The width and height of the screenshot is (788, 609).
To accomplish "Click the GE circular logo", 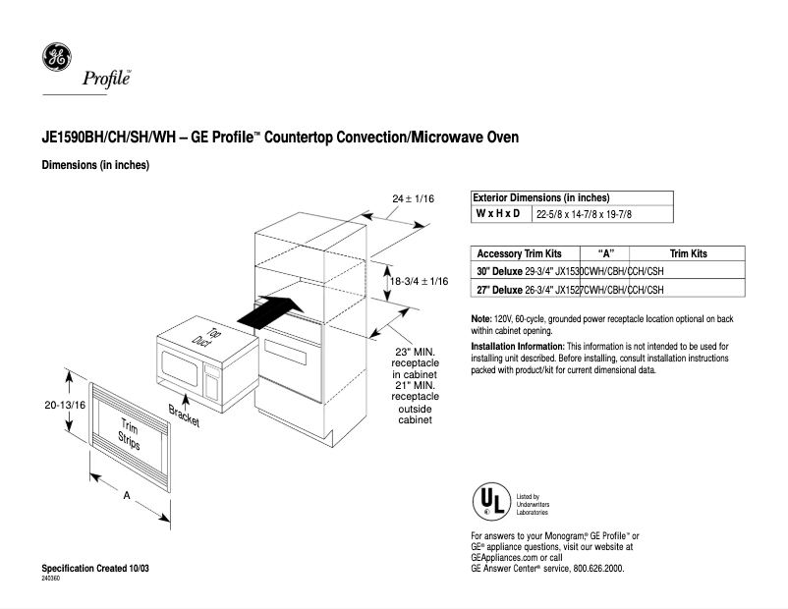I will point(56,58).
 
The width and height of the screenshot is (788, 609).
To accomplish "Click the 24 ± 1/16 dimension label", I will point(413,198).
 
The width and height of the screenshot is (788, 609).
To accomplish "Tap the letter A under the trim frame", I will point(126,496).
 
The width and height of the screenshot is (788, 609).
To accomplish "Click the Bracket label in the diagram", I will point(184,415).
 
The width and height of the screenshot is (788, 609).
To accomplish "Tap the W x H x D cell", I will point(499,213).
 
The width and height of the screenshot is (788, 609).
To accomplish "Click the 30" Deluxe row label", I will point(499,270).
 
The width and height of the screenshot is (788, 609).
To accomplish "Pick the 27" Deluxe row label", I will point(499,290).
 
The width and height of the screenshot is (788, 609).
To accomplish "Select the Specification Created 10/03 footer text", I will point(95,570).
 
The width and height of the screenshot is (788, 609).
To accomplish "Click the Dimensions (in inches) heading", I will point(94,165).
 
